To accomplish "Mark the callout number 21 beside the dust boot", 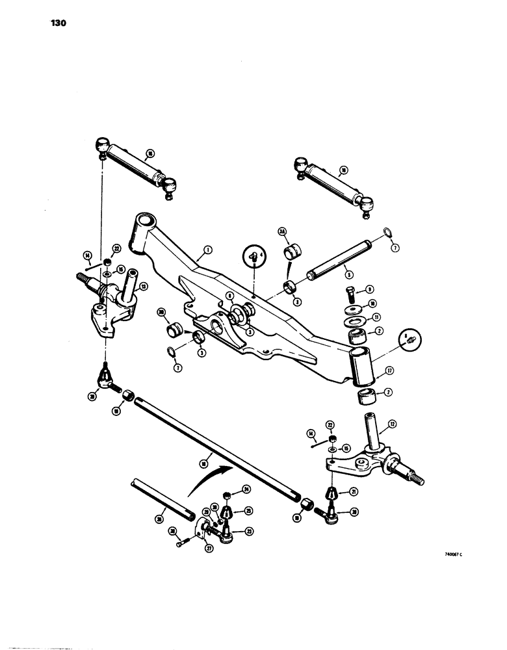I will click(354, 492).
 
